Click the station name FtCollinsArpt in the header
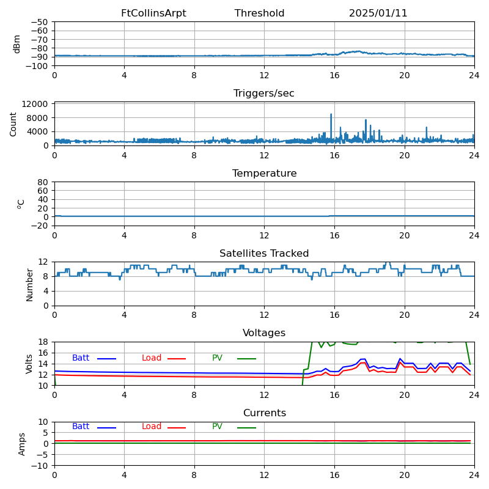(153, 13)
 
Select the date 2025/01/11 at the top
(378, 13)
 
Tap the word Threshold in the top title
(259, 13)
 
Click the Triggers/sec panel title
(264, 94)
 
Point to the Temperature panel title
(264, 174)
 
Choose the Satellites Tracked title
(264, 254)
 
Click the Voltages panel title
(264, 333)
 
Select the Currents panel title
(264, 413)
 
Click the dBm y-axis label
(17, 43)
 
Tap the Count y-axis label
(13, 123)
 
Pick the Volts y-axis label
(29, 364)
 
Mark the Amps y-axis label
(22, 444)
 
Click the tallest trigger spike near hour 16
(331, 114)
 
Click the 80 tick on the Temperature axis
(43, 182)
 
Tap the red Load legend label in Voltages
(152, 358)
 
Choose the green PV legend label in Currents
(217, 427)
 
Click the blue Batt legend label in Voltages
(81, 358)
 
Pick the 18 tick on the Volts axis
(43, 342)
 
